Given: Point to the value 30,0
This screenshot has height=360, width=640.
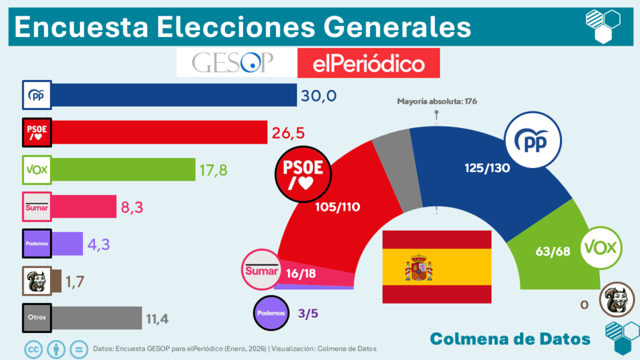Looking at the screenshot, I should click(319, 95).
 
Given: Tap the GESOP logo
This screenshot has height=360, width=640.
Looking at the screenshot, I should click(234, 62).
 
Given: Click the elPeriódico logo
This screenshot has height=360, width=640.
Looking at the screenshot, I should click(369, 63).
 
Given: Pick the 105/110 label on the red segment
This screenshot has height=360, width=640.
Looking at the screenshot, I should click(339, 207).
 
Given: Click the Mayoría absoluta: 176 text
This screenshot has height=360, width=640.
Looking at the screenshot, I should click(437, 101).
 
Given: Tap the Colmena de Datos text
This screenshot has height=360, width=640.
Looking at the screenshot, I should click(510, 338).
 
